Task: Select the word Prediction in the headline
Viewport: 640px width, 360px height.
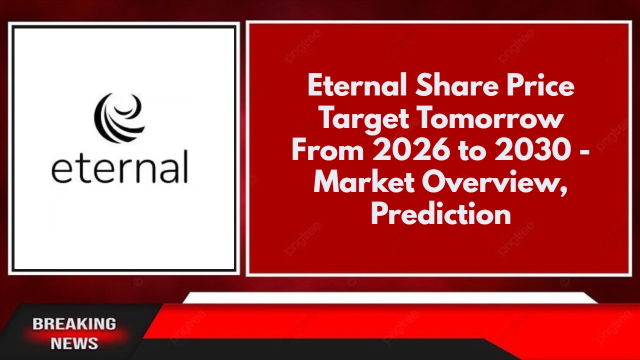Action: (440, 215)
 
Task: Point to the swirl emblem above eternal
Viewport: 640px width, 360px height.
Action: (119, 117)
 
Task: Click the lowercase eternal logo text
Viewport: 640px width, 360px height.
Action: (119, 168)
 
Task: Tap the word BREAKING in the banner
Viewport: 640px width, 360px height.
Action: (74, 324)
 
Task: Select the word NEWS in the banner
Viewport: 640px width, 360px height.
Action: (74, 343)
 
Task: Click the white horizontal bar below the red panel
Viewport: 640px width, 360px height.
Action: (390, 298)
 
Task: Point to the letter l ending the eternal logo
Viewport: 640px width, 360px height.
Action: (185, 166)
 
